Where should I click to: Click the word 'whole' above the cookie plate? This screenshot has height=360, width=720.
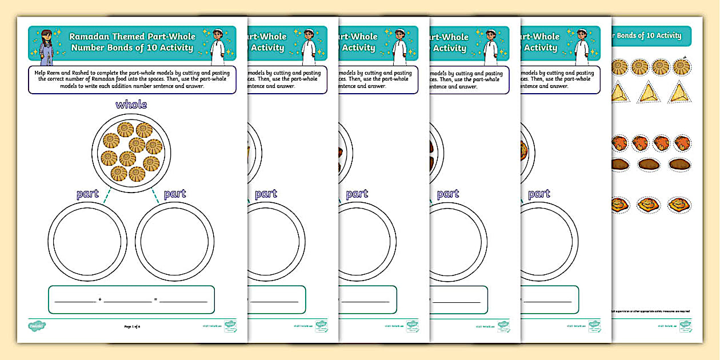coord(131,105)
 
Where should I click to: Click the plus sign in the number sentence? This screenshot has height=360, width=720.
coord(100,300)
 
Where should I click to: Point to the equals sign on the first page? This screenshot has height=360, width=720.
coord(155,300)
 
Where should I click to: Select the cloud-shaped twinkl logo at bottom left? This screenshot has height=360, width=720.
coord(37,326)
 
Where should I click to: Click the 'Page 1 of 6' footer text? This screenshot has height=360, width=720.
coord(132,326)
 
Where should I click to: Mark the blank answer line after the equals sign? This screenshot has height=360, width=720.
coord(183,300)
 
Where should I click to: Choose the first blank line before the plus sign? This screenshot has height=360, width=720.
coord(75,300)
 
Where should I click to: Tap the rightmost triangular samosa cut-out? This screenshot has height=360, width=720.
coord(679,93)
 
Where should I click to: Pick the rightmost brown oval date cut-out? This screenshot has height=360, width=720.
coord(679,165)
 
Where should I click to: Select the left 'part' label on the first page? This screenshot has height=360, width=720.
coord(87,194)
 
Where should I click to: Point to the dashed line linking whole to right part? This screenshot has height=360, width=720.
coord(155,197)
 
